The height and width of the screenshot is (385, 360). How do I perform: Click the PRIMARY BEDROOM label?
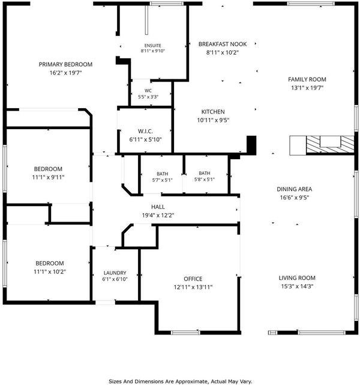tap(65, 64)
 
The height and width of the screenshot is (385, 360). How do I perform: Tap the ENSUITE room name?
tap(153, 46)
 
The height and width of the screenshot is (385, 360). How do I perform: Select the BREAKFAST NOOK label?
tap(223, 44)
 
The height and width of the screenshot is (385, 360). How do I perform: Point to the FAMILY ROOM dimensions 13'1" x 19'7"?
tap(307, 88)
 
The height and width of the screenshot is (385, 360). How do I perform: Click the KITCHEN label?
tap(213, 112)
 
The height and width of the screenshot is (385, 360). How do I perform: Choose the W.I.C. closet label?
tap(145, 131)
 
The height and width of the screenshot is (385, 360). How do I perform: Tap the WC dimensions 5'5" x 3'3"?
tap(148, 97)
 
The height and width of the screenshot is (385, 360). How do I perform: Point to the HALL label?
tap(158, 207)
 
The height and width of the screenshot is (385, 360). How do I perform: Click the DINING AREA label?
tap(294, 189)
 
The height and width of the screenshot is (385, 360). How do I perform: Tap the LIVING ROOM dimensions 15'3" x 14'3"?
tap(297, 286)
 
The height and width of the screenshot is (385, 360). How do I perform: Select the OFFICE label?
tap(193, 279)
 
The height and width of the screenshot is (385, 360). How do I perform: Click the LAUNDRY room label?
tap(115, 273)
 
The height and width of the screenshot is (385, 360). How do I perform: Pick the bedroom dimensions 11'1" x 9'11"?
tap(49, 177)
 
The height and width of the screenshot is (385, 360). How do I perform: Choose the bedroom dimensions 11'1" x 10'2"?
tap(50, 271)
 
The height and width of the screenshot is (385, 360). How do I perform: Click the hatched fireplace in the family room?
tap(330, 145)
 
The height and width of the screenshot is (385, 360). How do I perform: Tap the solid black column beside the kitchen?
tap(251, 145)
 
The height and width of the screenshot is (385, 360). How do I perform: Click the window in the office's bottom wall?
tap(185, 333)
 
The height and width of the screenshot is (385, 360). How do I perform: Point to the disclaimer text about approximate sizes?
tap(180, 381)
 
